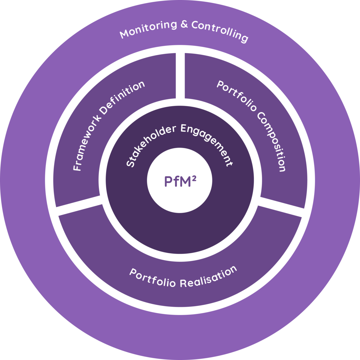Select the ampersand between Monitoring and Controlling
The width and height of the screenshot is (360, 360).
(x=184, y=25)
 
